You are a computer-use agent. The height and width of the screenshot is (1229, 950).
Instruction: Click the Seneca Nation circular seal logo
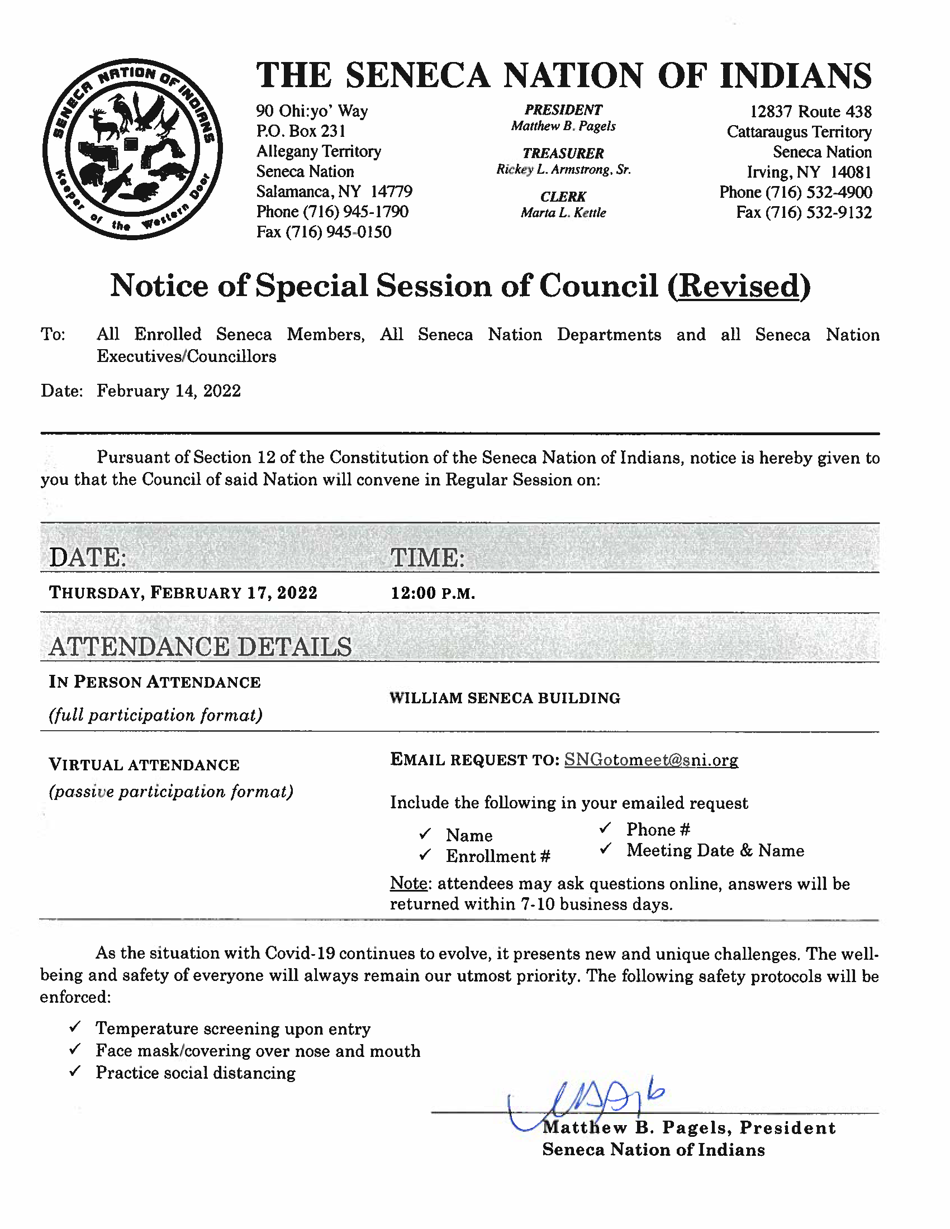[132, 149]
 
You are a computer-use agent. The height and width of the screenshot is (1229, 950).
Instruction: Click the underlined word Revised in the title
[738, 286]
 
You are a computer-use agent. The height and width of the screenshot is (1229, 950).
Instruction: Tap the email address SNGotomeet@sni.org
[650, 760]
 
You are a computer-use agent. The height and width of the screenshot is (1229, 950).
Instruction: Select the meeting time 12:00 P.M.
[433, 593]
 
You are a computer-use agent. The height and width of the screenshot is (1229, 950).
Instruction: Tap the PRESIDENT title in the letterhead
[563, 110]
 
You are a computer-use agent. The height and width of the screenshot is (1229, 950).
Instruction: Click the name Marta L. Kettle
[563, 213]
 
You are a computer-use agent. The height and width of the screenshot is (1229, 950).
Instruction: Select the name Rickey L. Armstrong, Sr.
[563, 169]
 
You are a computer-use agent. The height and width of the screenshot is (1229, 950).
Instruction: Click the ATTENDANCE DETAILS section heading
[200, 646]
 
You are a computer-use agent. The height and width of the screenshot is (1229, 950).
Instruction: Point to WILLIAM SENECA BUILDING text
[504, 698]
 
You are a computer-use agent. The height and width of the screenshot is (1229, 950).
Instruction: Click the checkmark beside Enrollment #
[425, 855]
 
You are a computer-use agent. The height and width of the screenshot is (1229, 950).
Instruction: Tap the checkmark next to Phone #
[605, 828]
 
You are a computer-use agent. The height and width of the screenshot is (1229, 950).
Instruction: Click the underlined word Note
[409, 884]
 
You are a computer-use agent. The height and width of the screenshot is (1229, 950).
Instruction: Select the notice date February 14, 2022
[168, 391]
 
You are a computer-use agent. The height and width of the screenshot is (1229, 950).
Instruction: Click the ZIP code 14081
[851, 172]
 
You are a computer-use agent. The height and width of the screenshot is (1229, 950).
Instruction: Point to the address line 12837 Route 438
[810, 111]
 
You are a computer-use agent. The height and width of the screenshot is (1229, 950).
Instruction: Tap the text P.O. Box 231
[301, 131]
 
